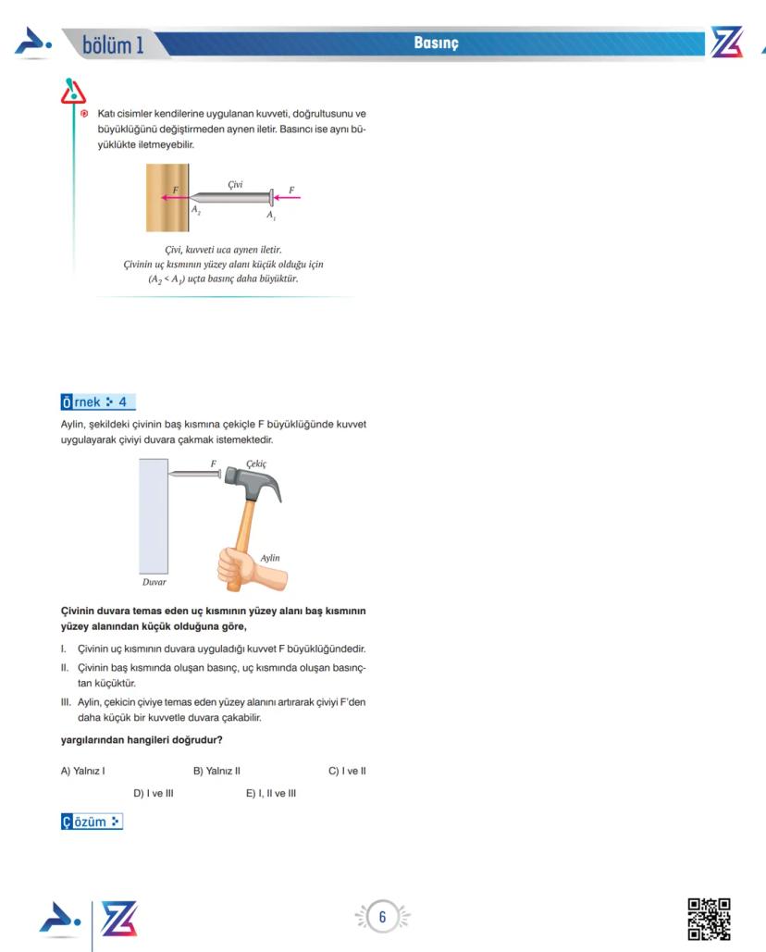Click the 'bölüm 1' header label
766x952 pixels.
tap(113, 44)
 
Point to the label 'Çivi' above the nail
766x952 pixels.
tap(235, 185)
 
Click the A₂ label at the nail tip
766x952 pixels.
tap(196, 211)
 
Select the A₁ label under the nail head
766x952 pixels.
tap(271, 215)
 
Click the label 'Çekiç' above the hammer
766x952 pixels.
tap(256, 463)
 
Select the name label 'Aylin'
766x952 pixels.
tap(270, 558)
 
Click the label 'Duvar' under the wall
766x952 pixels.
tap(154, 583)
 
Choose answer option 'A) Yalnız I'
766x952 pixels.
tap(82, 771)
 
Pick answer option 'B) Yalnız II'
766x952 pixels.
tap(216, 771)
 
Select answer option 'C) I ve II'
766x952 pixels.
tap(347, 771)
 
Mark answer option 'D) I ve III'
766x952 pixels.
tap(154, 793)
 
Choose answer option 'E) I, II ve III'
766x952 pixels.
tap(271, 793)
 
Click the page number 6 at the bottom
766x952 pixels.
tap(382, 917)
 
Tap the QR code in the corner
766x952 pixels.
tap(710, 919)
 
